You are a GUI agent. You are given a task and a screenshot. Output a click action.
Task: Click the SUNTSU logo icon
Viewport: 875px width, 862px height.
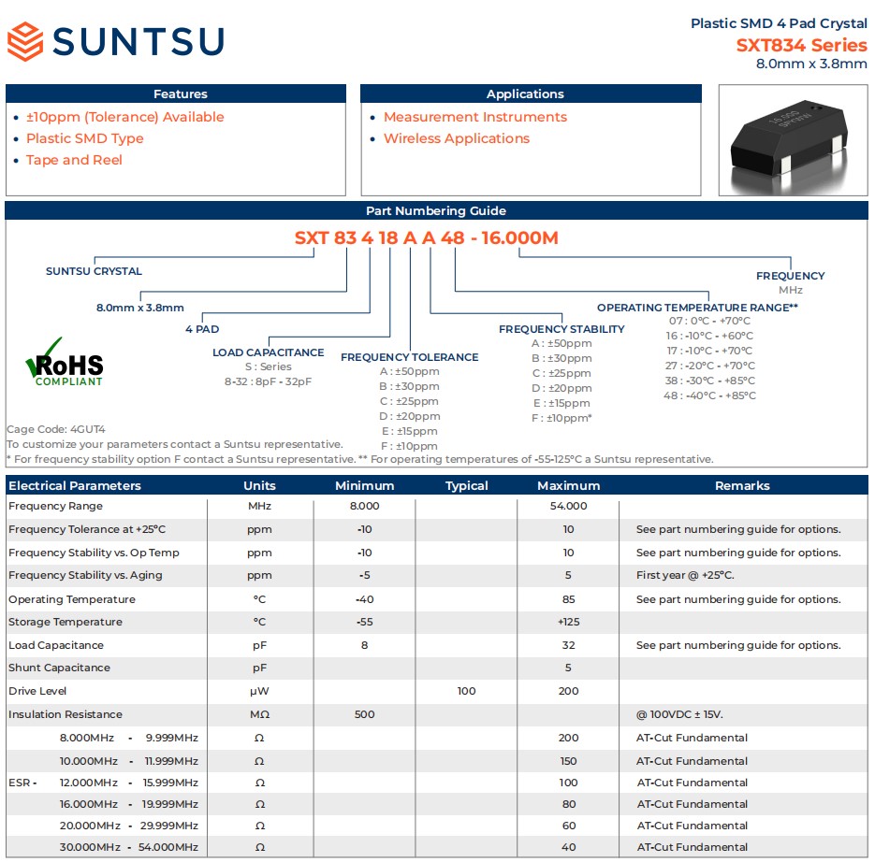[x=25, y=42]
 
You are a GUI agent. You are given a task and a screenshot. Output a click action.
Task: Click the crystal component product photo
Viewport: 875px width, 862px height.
[x=793, y=139]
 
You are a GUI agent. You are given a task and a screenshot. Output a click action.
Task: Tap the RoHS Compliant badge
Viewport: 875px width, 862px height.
[x=64, y=364]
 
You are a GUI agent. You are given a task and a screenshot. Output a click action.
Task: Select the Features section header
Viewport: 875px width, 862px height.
[x=180, y=94]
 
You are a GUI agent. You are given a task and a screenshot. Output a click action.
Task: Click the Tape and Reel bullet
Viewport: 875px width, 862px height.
[x=74, y=160]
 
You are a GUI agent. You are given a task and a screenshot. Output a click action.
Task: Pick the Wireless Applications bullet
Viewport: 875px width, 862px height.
[x=457, y=138]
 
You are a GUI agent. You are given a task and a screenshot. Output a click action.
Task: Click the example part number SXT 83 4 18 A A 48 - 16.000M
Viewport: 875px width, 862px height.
[x=427, y=237]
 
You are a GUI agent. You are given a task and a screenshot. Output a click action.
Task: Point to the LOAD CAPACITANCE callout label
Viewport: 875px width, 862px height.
[x=269, y=352]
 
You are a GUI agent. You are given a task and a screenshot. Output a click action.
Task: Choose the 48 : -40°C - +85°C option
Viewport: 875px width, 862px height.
[x=710, y=395]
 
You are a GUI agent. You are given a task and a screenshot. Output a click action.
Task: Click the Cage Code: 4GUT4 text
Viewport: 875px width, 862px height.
[x=56, y=429]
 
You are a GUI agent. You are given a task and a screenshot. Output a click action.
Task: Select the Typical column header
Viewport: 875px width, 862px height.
[x=466, y=486]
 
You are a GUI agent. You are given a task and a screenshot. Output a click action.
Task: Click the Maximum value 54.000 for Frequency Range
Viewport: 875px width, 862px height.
[x=568, y=506]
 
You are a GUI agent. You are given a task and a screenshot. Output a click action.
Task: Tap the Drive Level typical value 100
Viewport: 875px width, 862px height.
[x=466, y=691]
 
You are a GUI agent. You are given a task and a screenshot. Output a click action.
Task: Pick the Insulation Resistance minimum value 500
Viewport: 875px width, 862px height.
[x=365, y=714]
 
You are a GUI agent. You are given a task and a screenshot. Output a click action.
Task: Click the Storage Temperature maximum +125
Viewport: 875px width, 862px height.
[x=568, y=622]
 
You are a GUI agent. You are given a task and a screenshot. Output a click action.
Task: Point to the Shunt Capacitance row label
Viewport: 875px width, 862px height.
[x=59, y=668]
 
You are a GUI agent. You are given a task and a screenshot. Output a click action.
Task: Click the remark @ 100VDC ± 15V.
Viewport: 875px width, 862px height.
[x=679, y=714]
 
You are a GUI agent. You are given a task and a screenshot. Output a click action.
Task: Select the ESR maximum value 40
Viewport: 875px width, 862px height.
[x=568, y=847]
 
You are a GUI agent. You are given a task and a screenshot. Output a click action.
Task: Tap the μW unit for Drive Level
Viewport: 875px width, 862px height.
[x=259, y=691]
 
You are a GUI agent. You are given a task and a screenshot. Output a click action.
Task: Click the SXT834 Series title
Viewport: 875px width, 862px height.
[x=801, y=45]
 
